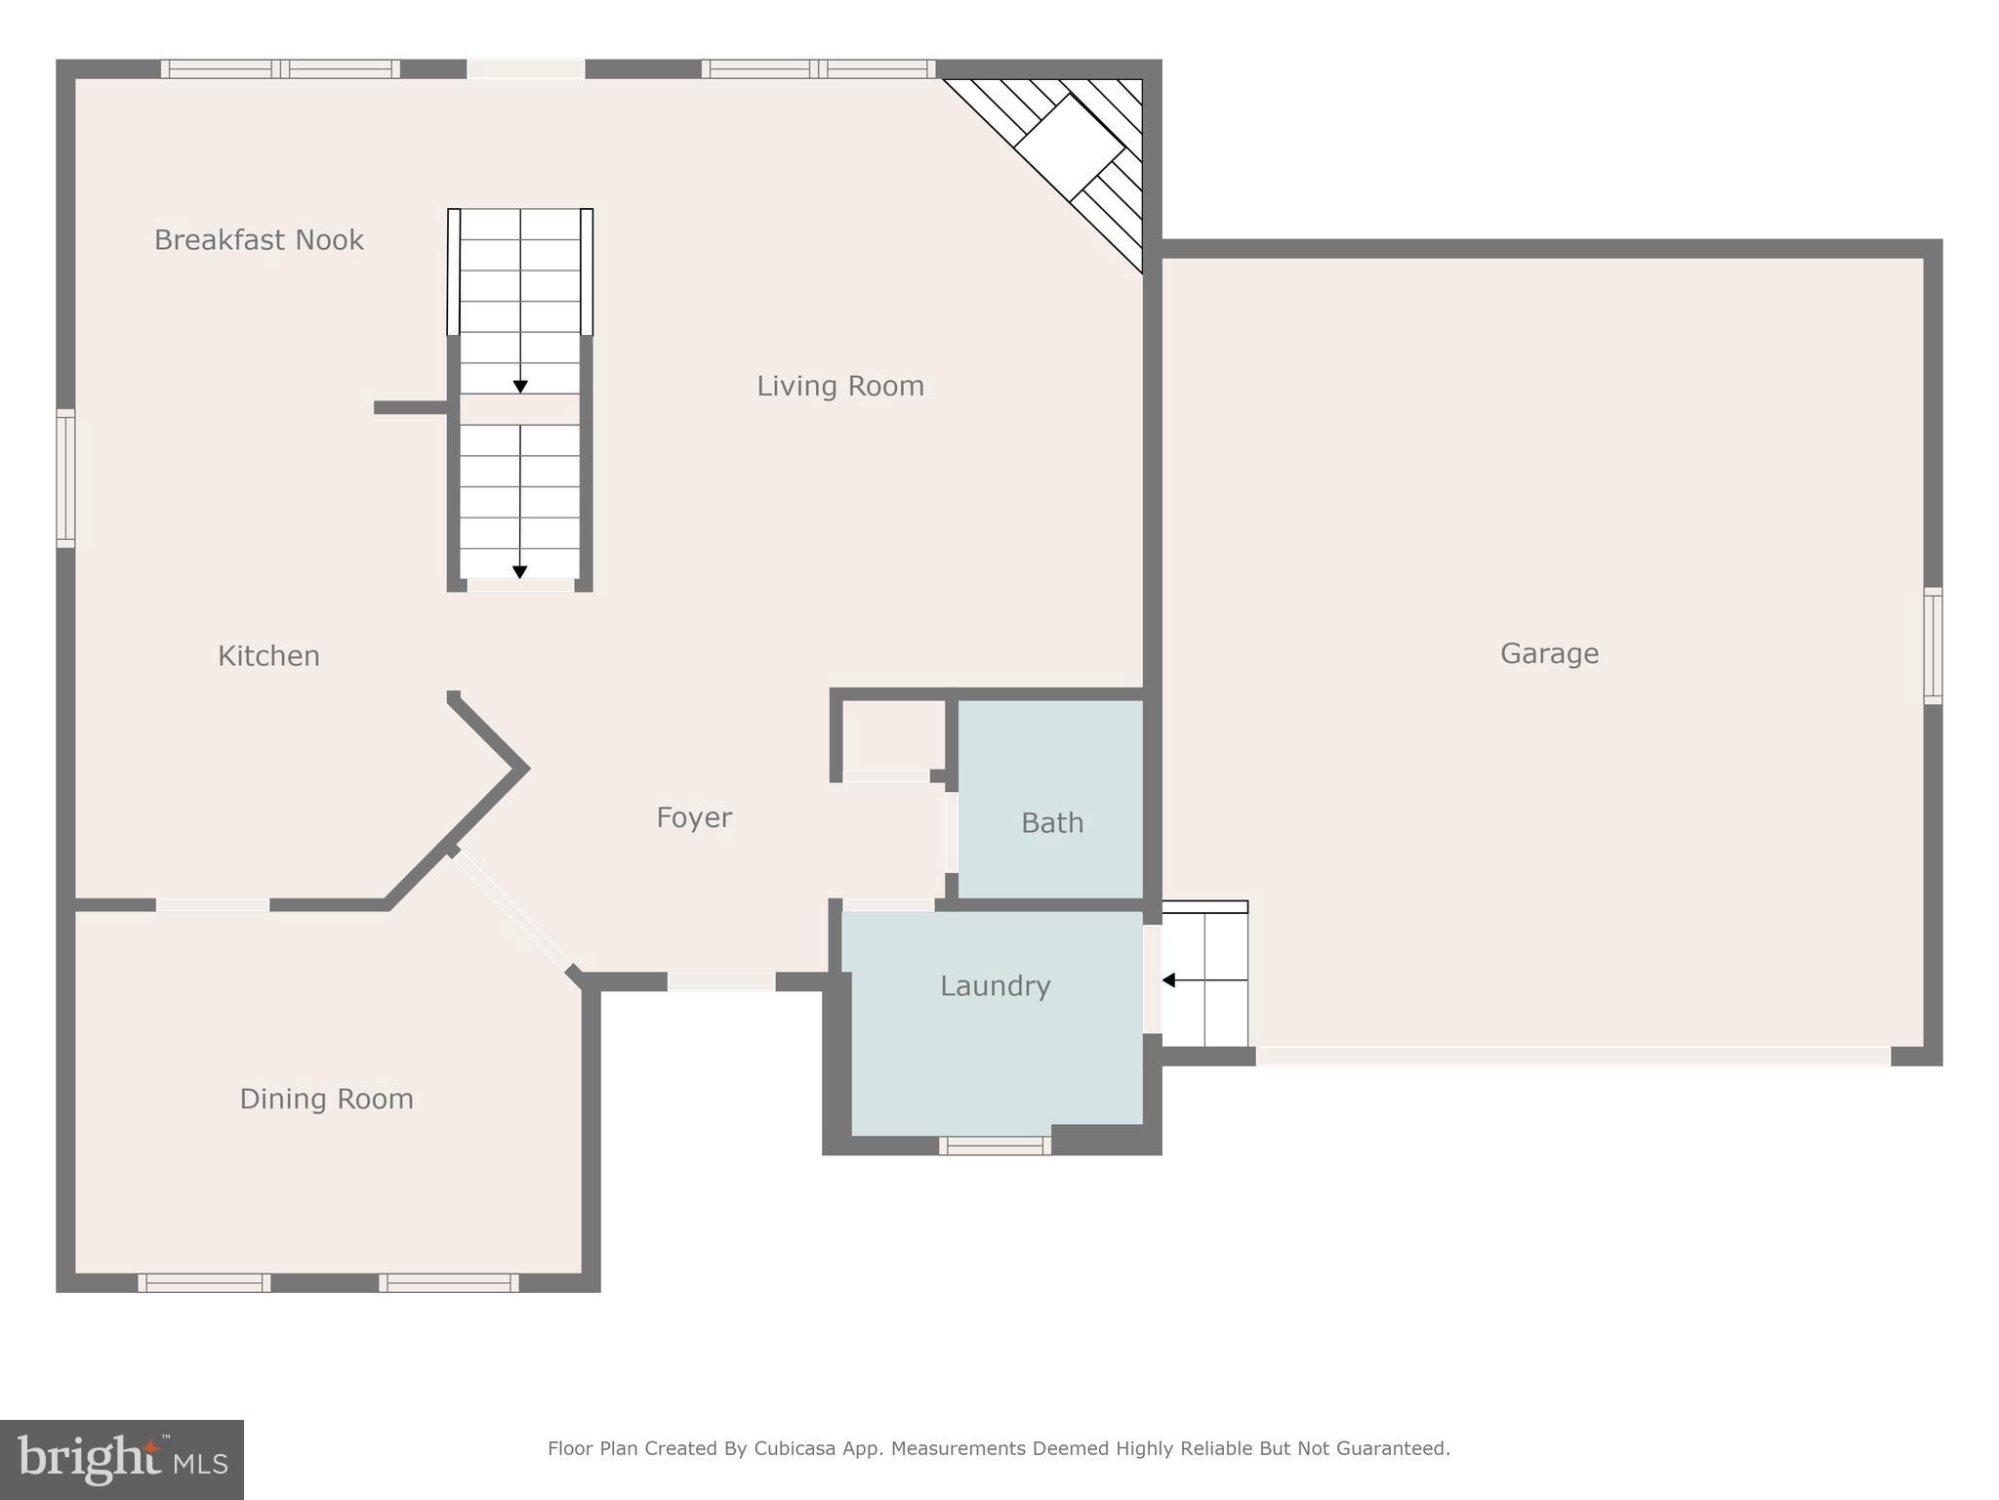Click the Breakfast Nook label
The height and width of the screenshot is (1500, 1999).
pyautogui.click(x=259, y=240)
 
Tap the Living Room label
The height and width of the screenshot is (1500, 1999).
pyautogui.click(x=840, y=387)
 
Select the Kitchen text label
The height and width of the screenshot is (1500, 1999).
pyautogui.click(x=268, y=656)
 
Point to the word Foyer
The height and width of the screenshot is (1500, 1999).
pyautogui.click(x=694, y=818)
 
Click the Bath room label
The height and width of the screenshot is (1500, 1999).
pyautogui.click(x=1052, y=823)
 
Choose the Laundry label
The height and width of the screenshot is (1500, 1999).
pyautogui.click(x=995, y=986)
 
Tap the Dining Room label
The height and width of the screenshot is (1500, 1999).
pyautogui.click(x=326, y=1100)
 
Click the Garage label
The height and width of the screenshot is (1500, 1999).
pyautogui.click(x=1549, y=654)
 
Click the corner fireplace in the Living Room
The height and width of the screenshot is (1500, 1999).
pyautogui.click(x=1070, y=146)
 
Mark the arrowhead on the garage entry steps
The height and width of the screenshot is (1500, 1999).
pyautogui.click(x=1168, y=980)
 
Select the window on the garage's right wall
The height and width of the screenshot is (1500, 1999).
pyautogui.click(x=1933, y=646)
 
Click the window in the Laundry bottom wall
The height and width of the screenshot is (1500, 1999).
pyautogui.click(x=995, y=1146)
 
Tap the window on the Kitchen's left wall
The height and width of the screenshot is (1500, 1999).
pyautogui.click(x=65, y=479)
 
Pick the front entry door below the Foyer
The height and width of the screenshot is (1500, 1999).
pyautogui.click(x=721, y=981)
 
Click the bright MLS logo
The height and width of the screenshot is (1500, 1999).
pyautogui.click(x=122, y=1459)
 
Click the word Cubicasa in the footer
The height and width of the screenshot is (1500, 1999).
pyautogui.click(x=793, y=1448)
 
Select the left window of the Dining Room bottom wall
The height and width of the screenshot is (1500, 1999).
pyautogui.click(x=204, y=1283)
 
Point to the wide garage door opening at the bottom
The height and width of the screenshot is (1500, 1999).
pyautogui.click(x=1572, y=1056)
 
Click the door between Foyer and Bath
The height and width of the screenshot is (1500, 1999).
pyautogui.click(x=951, y=832)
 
